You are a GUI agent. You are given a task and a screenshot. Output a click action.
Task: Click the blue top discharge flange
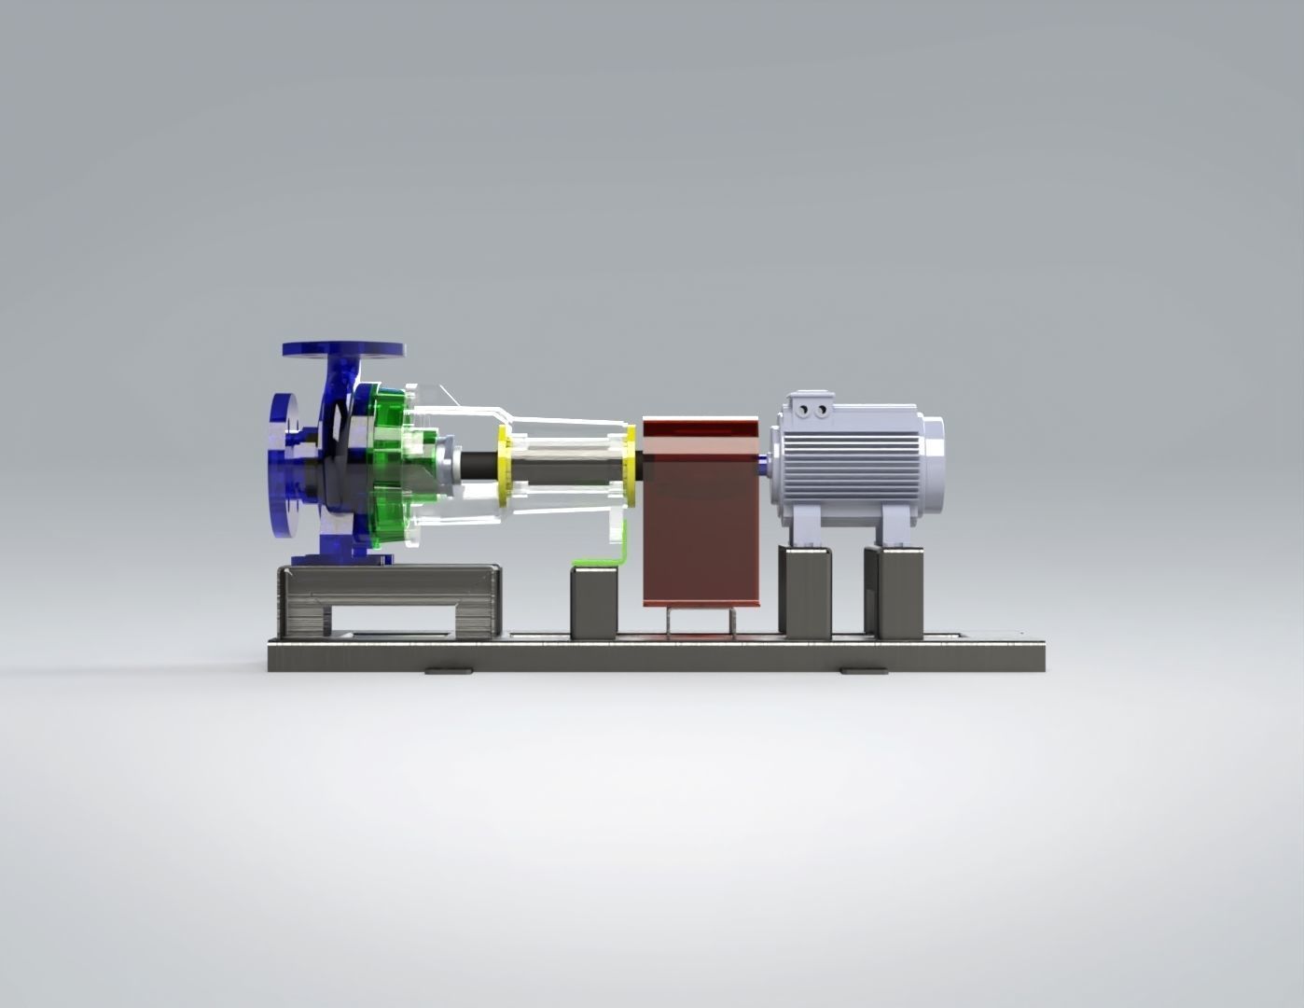click(x=344, y=349)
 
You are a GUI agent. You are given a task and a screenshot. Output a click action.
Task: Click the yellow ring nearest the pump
click(x=506, y=467)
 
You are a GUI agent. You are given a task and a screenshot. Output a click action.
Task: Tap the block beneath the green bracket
click(x=593, y=602)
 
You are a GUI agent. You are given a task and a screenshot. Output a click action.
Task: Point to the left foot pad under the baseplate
click(x=449, y=670)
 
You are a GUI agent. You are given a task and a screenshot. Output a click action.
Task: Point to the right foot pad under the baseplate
click(x=862, y=670)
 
